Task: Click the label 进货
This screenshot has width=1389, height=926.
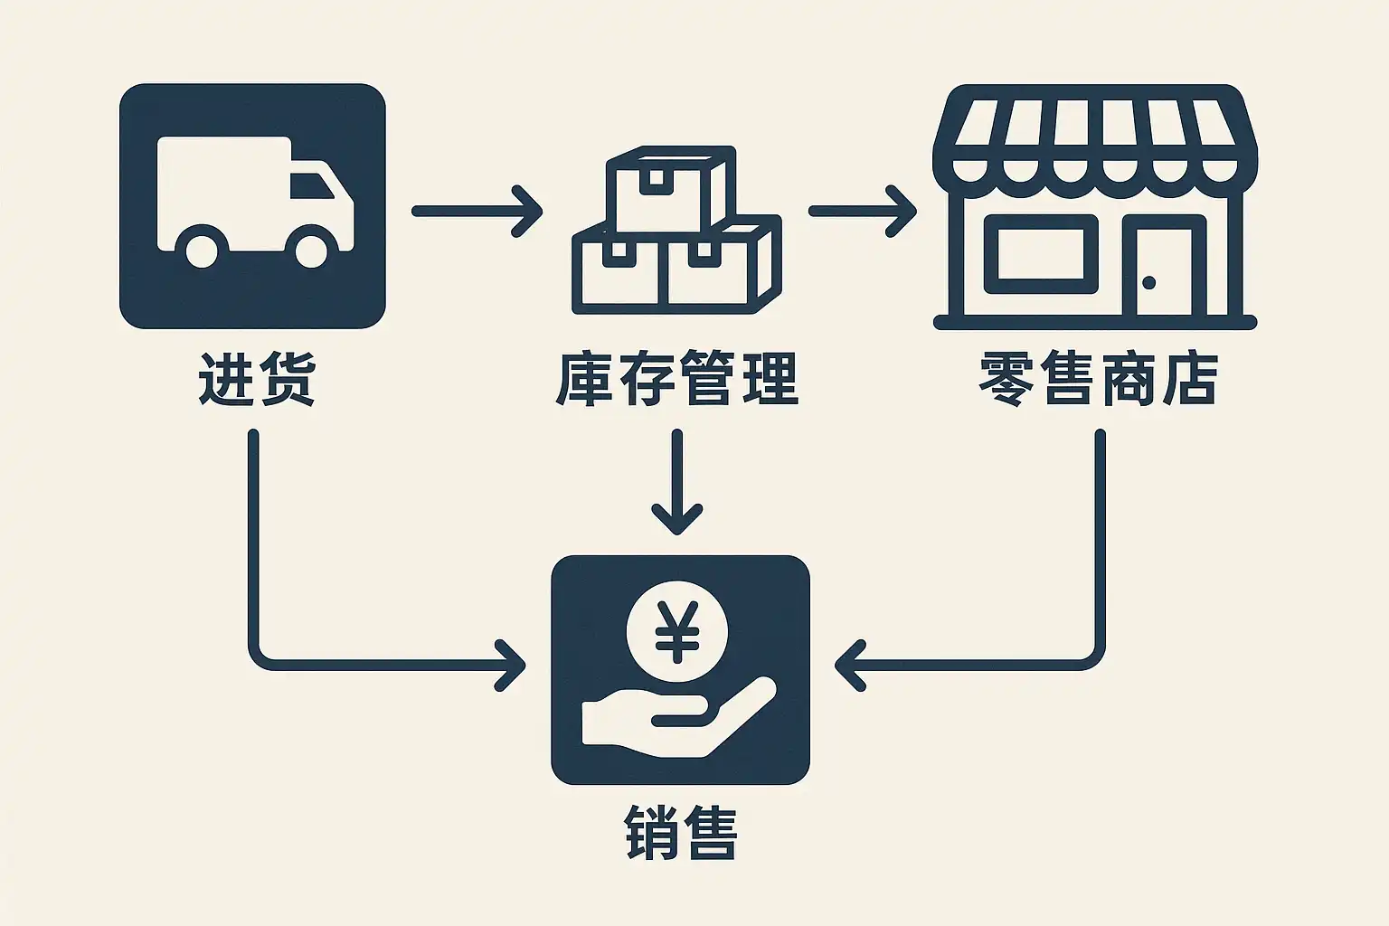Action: pyautogui.click(x=257, y=379)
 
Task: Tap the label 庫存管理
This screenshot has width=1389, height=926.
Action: pyautogui.click(x=676, y=379)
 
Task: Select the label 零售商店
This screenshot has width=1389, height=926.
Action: pyautogui.click(x=1098, y=379)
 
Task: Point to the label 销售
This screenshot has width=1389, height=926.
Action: pyautogui.click(x=680, y=832)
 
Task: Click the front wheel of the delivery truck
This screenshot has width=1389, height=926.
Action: pyautogui.click(x=311, y=247)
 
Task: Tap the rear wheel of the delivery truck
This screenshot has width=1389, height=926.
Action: pyautogui.click(x=201, y=247)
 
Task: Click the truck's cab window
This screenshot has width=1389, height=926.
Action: pyautogui.click(x=312, y=184)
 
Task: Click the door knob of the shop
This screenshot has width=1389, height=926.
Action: pyautogui.click(x=1148, y=283)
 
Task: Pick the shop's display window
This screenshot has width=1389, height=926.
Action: pyautogui.click(x=1040, y=254)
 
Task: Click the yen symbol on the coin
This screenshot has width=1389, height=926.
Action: pyautogui.click(x=676, y=630)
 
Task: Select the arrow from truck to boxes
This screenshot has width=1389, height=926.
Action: pyautogui.click(x=477, y=211)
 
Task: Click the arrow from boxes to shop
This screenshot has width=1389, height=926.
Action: pyautogui.click(x=862, y=211)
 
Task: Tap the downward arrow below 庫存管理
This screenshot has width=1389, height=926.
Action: pyautogui.click(x=676, y=484)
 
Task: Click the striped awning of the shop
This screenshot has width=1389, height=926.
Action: pyautogui.click(x=1094, y=136)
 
